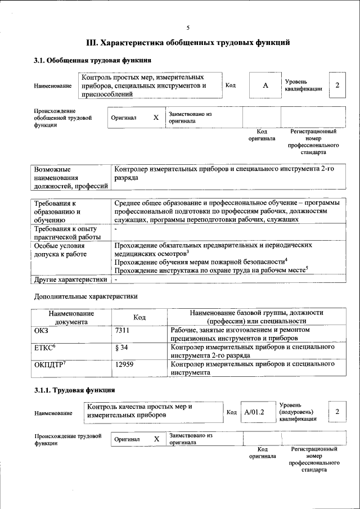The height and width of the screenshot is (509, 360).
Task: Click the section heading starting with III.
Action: [x=188, y=42]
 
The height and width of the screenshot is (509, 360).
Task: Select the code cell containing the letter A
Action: [x=265, y=85]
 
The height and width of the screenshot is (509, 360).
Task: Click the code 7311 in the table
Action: [x=123, y=332]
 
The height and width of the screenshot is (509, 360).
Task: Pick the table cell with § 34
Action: [x=121, y=348]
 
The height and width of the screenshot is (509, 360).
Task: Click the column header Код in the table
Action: [x=139, y=318]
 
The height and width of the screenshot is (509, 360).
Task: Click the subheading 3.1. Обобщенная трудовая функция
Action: [x=92, y=60]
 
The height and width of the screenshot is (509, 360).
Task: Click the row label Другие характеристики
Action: [x=70, y=279]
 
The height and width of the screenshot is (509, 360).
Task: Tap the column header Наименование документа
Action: [x=71, y=318]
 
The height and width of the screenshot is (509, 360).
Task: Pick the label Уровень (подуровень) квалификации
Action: [x=298, y=412]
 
